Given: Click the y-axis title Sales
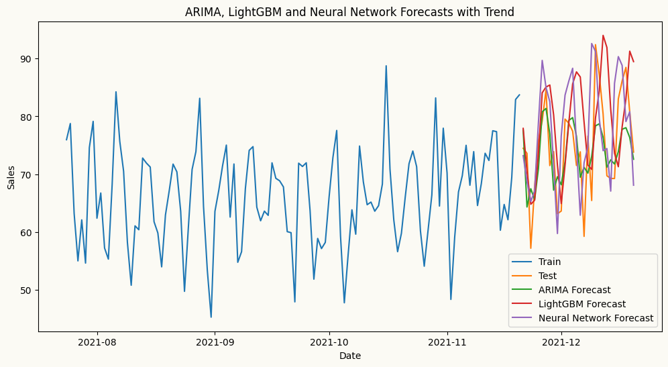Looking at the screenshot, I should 11,176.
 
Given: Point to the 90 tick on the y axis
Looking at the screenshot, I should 27,59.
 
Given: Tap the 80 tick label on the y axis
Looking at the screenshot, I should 27,117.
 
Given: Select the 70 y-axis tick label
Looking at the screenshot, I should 27,174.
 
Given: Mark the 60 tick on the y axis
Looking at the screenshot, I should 27,232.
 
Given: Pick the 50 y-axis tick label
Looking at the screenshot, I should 27,290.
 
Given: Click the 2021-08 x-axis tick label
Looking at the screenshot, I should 97,342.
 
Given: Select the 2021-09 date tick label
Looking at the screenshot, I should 215,342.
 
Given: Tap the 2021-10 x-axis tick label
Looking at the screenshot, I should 329,342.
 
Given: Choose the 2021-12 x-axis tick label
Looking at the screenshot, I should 561,342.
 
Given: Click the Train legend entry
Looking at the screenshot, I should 549,262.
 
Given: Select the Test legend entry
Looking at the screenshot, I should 547,276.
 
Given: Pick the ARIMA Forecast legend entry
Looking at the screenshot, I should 574,290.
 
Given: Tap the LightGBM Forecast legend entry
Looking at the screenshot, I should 579,304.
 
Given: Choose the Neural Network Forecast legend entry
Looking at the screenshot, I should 595,318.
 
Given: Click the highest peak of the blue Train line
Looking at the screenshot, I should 386,66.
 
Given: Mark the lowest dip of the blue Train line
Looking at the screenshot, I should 211,317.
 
